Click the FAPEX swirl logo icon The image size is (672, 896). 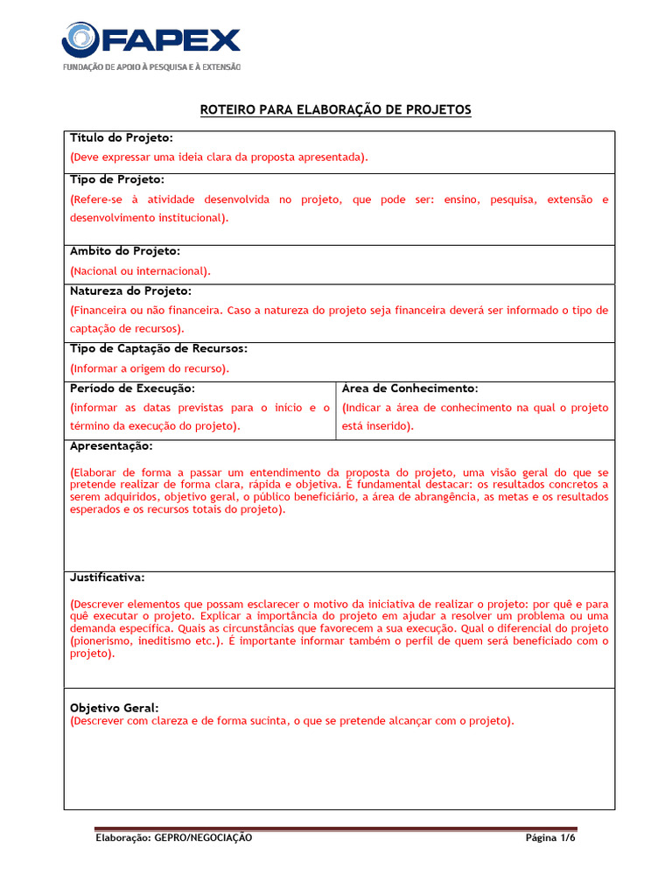pos(80,40)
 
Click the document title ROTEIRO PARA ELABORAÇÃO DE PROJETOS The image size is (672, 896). pos(336,109)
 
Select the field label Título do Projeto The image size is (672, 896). pos(122,138)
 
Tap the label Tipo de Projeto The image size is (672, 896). pos(117,178)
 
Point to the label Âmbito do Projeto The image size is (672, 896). pos(124,251)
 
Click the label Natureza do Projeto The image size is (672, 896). pos(130,290)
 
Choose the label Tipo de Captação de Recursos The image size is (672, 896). pos(158,348)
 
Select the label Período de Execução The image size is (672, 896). pos(132,388)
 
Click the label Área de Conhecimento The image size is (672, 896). pos(409,388)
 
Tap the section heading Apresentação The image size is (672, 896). pos(111,445)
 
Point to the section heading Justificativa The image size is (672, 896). pos(108,577)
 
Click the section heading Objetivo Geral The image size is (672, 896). pos(114,707)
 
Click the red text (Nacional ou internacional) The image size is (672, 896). pos(140,271)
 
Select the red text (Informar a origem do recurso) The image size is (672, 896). pos(150,368)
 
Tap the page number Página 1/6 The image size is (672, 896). pos(550,837)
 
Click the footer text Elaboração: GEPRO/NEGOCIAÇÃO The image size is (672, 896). pos(173,837)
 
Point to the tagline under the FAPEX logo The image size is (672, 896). pos(150,67)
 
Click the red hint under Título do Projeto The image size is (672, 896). pos(219,157)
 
